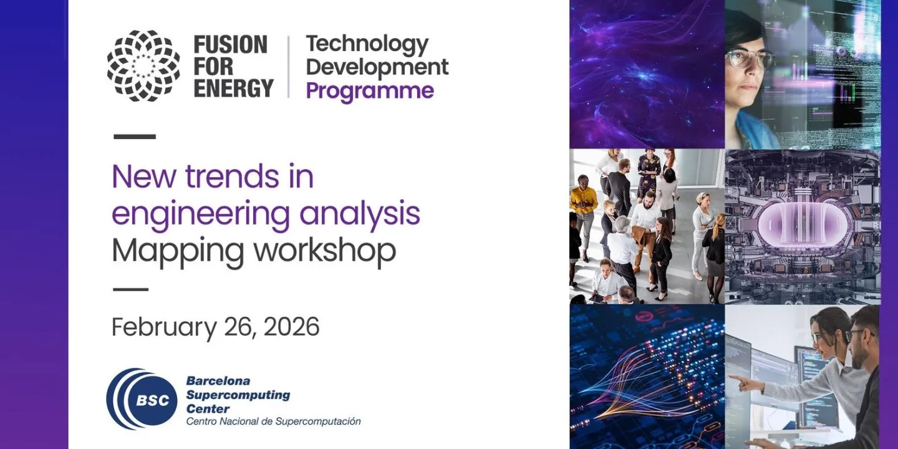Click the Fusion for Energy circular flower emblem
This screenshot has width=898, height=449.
point(143,65)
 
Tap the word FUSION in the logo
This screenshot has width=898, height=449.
point(230,45)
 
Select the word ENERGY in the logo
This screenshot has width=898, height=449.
point(233,88)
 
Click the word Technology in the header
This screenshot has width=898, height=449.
point(367,44)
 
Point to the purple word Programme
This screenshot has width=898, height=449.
point(370,91)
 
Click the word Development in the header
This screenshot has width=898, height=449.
point(377,67)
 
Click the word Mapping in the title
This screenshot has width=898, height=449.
point(178,251)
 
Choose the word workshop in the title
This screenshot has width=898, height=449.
point(325,250)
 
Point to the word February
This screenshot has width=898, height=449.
point(164,327)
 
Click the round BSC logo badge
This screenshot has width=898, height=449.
point(142,399)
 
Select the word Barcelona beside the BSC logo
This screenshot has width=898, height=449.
point(218,380)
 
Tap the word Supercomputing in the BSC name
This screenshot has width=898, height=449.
point(238,395)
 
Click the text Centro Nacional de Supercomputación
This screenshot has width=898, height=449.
point(273,422)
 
